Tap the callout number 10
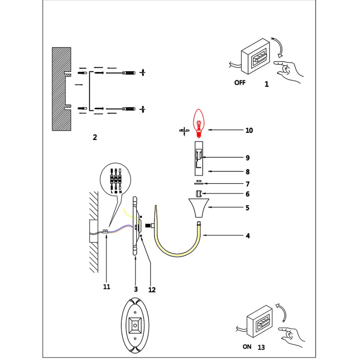(249, 130)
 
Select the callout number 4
(248, 236)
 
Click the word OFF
(240, 83)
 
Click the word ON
(247, 346)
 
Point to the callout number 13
(262, 347)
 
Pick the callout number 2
(95, 137)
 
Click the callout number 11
(106, 287)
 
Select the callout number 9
(248, 158)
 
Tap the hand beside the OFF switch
(289, 71)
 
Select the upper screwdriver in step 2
(124, 73)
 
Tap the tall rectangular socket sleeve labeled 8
(199, 158)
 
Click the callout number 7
(248, 184)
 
